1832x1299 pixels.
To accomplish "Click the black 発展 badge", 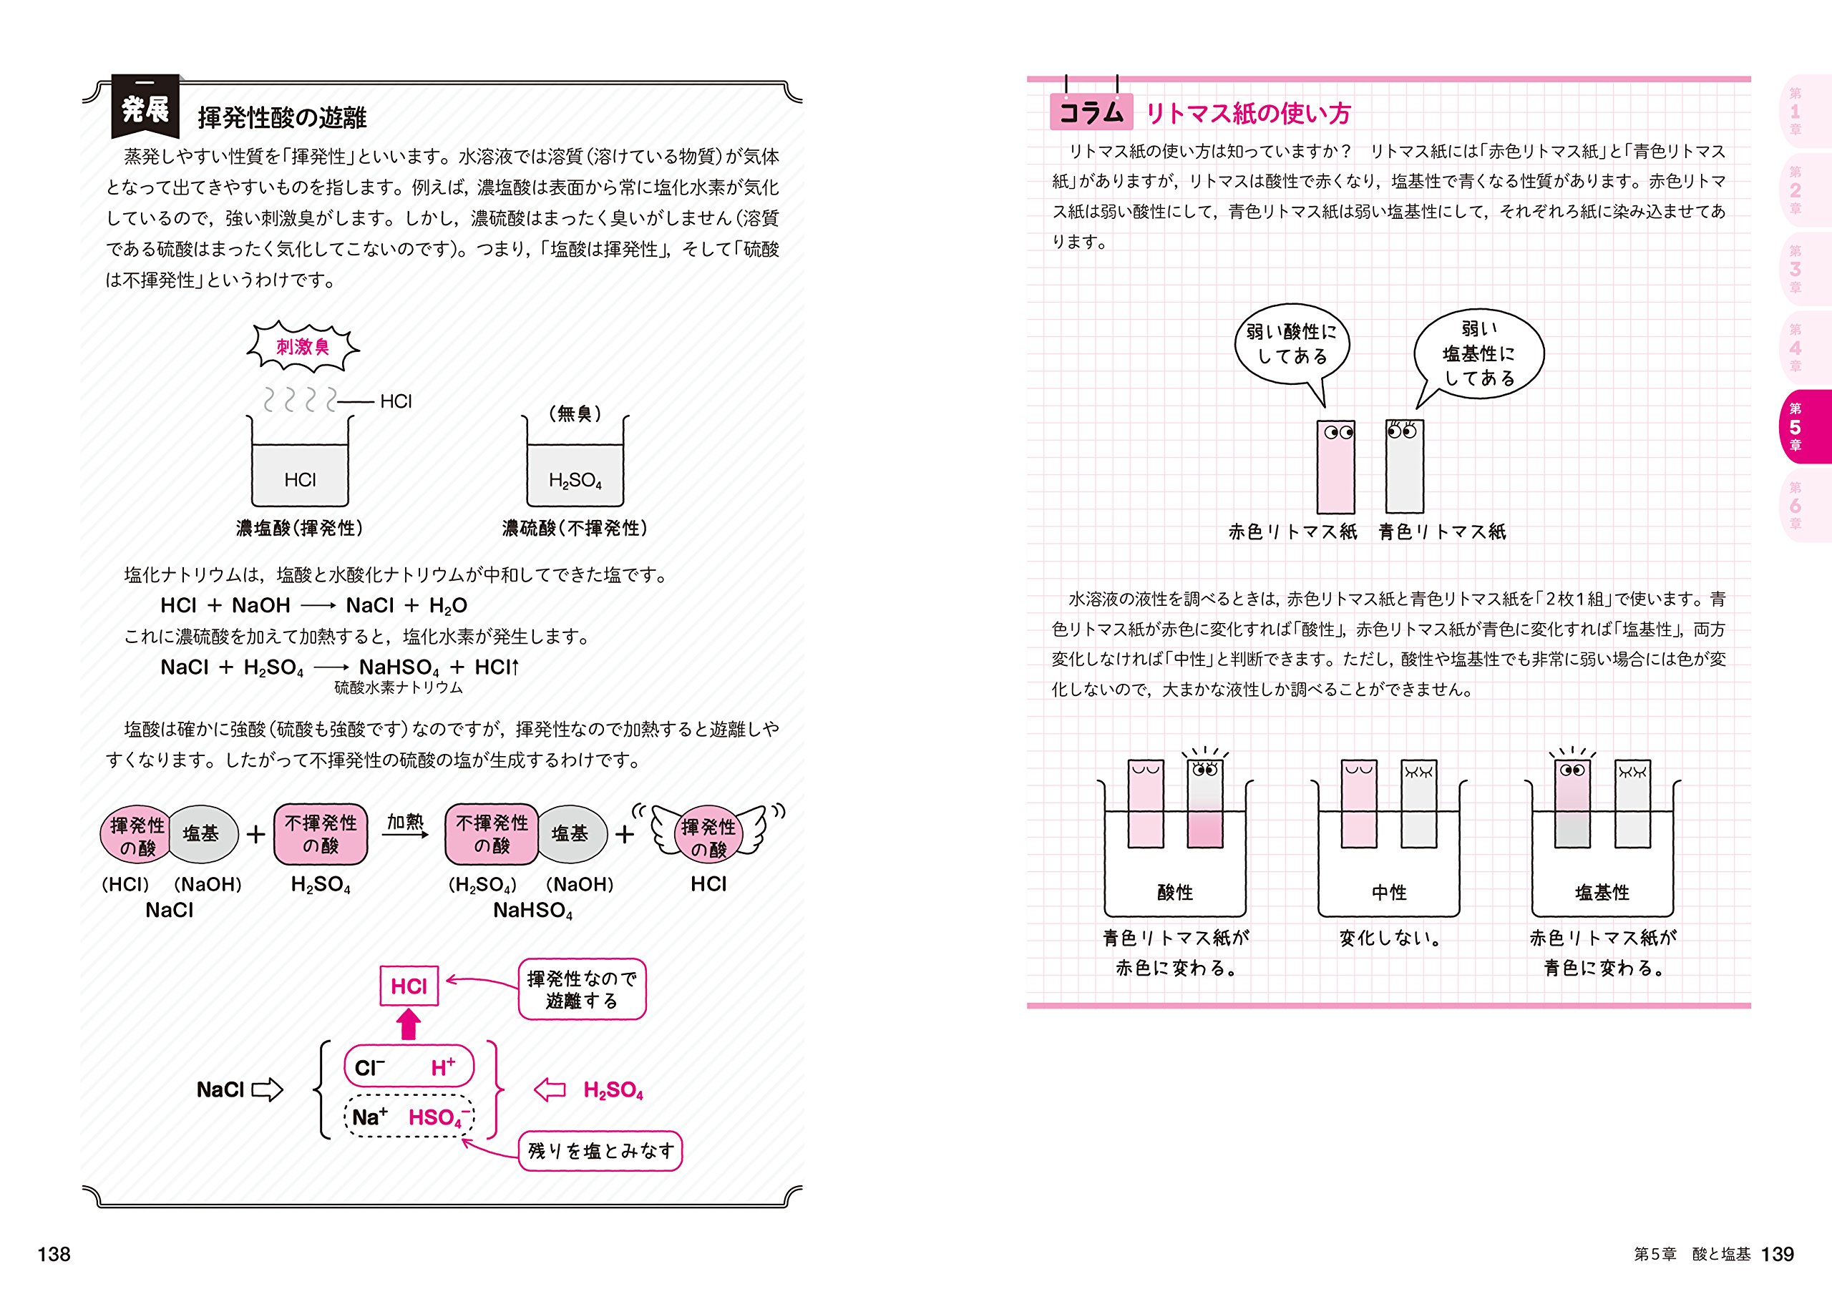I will pyautogui.click(x=145, y=108).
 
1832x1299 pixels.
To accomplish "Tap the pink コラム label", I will pyautogui.click(x=1091, y=112).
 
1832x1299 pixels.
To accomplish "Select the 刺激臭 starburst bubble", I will pyautogui.click(x=303, y=346).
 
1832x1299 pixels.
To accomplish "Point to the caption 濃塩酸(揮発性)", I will pyautogui.click(x=300, y=528).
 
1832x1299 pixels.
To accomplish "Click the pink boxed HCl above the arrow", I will pyautogui.click(x=408, y=986).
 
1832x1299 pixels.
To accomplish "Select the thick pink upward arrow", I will pyautogui.click(x=409, y=1024).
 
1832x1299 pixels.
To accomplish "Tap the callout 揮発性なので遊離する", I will pyautogui.click(x=582, y=989).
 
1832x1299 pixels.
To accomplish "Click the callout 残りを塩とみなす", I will pyautogui.click(x=600, y=1151).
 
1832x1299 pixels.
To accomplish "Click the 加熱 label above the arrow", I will pyautogui.click(x=405, y=821).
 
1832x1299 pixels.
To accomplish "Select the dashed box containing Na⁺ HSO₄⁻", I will pyautogui.click(x=409, y=1116).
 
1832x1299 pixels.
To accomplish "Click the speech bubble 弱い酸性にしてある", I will pyautogui.click(x=1291, y=345).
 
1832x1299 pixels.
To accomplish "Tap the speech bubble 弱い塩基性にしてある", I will pyautogui.click(x=1478, y=353).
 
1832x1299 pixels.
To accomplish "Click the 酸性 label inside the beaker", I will pyautogui.click(x=1174, y=892).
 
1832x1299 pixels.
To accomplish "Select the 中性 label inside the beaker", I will pyautogui.click(x=1389, y=892).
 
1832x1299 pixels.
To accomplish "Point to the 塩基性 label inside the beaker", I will pyautogui.click(x=1602, y=892).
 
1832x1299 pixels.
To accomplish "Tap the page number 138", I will pyautogui.click(x=54, y=1254).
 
